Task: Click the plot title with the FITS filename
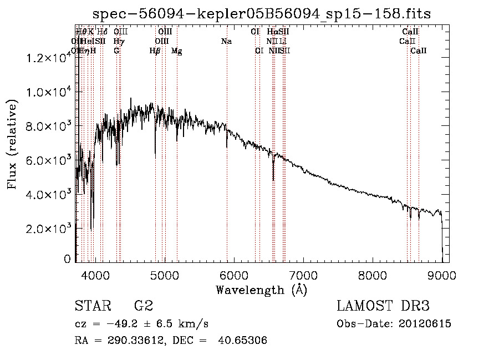[262, 13]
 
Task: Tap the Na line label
[226, 41]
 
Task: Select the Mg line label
[176, 51]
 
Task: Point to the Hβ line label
[155, 51]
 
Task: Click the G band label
[116, 51]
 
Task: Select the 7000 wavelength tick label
[303, 275]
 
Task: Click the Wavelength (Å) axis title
[261, 290]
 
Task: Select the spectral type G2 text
[144, 306]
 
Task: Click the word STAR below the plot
[93, 306]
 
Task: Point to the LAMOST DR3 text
[383, 306]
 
